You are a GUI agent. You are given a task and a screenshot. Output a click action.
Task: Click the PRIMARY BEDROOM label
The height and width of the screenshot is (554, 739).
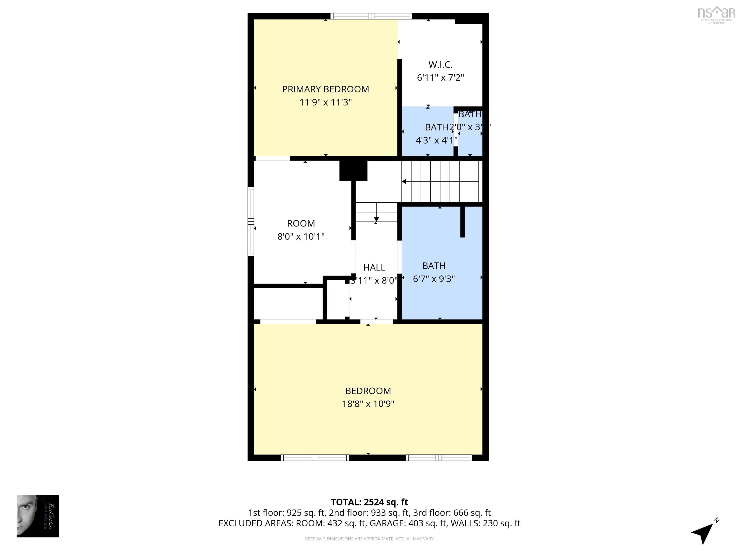click(325, 89)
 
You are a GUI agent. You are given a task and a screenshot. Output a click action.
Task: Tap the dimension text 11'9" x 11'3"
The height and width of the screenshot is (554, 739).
click(325, 102)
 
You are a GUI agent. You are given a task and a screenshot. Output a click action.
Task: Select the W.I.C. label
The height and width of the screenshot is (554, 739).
click(440, 64)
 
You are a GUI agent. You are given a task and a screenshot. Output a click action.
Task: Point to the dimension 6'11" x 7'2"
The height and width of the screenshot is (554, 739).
click(440, 77)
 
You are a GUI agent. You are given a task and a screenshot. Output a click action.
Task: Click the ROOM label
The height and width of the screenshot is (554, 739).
click(301, 223)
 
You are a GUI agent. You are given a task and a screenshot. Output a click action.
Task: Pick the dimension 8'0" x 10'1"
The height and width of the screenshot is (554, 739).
click(301, 236)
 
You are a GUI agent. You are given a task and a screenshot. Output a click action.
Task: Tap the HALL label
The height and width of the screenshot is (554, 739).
click(374, 267)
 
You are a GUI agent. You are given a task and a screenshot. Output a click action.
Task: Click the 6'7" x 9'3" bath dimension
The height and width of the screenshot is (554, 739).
click(434, 279)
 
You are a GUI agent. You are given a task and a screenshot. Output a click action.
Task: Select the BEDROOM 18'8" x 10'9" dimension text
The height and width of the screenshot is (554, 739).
click(368, 404)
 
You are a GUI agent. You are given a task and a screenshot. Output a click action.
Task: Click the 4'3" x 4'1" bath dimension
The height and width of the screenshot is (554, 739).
click(436, 140)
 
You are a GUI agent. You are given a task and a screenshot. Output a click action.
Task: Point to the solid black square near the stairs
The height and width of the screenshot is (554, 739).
click(353, 170)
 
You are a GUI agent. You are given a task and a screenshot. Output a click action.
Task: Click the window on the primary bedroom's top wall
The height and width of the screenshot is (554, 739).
click(371, 16)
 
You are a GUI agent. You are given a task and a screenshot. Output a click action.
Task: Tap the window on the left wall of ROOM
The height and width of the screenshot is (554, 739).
click(251, 221)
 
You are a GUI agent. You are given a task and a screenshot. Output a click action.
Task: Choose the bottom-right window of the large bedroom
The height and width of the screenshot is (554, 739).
click(438, 458)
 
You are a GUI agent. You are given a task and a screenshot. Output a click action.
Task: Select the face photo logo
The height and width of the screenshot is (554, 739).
click(38, 516)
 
